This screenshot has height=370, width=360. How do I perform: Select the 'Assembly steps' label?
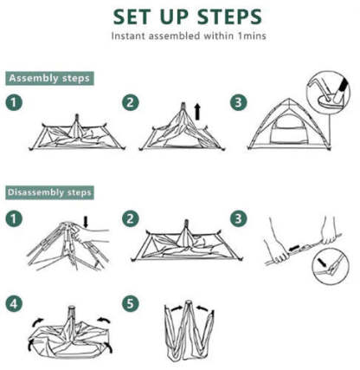click(48, 78)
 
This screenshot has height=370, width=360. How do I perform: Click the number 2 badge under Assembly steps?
click(131, 103)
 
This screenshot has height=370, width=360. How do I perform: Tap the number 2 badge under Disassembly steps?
click(131, 217)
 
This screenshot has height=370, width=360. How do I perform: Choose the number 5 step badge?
click(131, 304)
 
